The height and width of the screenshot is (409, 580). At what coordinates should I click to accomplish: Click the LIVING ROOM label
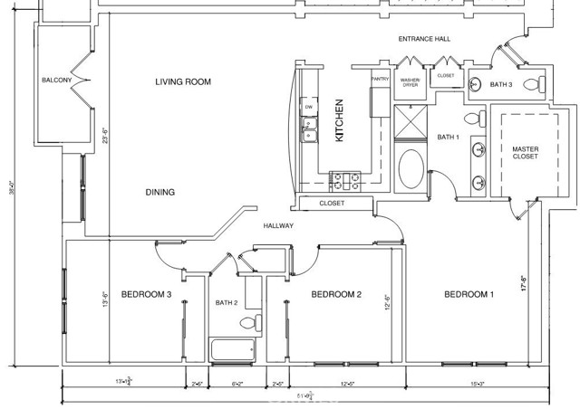(x=182, y=82)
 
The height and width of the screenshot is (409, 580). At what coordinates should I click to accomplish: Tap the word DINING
(x=159, y=192)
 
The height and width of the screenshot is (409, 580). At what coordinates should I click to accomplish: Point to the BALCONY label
(x=56, y=81)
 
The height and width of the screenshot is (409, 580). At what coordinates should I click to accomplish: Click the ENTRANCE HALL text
(x=424, y=40)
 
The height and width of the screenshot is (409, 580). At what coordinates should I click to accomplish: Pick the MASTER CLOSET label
(x=525, y=153)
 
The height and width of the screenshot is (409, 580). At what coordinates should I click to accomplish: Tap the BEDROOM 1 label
(x=468, y=294)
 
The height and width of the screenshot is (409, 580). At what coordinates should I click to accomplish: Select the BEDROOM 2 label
(x=336, y=294)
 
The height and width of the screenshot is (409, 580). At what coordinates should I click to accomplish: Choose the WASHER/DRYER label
(x=411, y=82)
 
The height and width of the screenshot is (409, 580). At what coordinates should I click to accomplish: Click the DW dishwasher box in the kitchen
(x=309, y=108)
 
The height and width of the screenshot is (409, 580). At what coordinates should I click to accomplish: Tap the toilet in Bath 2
(x=256, y=321)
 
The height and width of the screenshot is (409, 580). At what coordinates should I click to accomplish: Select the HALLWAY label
(x=278, y=225)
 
